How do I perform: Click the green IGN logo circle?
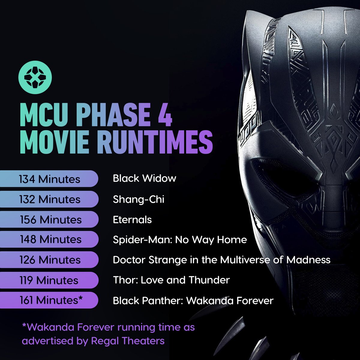coord(35,77)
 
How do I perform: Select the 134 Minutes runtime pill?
coord(49,179)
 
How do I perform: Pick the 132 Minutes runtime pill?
coord(49,199)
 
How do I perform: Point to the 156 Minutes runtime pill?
coord(49,220)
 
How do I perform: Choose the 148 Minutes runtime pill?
coord(49,239)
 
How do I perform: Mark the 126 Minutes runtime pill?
coord(49,260)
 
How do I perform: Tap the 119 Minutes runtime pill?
coord(49,280)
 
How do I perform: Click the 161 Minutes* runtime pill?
coord(49,300)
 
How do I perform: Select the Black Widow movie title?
coord(144,178)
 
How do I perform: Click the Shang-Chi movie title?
coord(138,199)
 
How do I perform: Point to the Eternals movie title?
coord(132,220)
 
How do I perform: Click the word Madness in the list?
coord(308,260)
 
